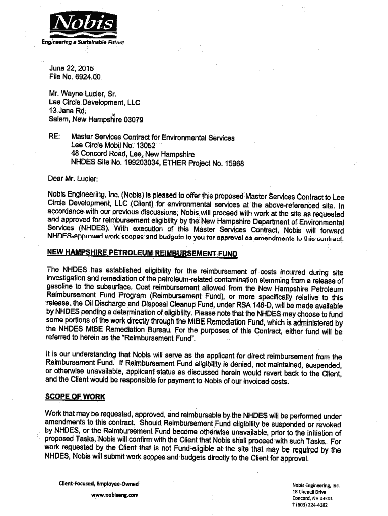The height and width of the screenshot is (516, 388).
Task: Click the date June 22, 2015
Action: pos(71,69)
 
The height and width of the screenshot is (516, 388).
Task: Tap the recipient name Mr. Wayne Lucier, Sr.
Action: pos(83,94)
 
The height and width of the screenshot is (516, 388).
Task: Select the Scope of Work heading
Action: pos(76,397)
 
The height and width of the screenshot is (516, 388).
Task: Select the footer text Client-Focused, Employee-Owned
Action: pos(99,484)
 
